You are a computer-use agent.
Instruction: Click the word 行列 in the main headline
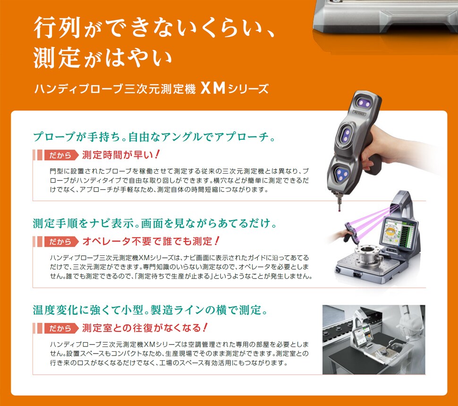tap(57, 28)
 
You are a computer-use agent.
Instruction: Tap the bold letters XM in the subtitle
tap(213, 88)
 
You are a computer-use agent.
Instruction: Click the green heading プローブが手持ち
tap(154, 136)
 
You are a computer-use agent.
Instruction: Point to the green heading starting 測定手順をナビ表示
tap(155, 223)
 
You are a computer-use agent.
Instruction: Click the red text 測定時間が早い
tap(121, 155)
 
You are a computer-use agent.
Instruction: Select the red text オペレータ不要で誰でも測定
tap(151, 241)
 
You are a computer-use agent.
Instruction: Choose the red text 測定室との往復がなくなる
tap(145, 328)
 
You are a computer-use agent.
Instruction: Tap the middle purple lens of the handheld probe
tap(346, 135)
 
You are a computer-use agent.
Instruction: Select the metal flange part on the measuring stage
tap(367, 255)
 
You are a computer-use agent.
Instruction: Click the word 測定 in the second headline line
tap(57, 58)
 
